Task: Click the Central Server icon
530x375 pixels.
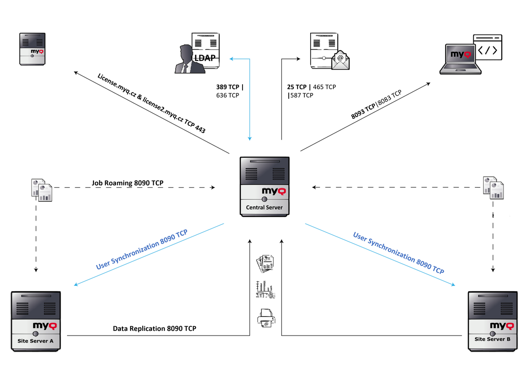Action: (265, 186)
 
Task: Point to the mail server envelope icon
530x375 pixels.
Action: (341, 60)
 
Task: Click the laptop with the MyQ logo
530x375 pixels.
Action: (459, 59)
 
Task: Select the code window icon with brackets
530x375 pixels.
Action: (488, 49)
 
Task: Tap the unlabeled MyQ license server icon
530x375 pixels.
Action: (32, 48)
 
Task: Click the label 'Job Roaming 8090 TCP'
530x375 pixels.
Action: (128, 183)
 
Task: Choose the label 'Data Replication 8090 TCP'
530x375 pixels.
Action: (154, 328)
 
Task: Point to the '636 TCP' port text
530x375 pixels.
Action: (227, 96)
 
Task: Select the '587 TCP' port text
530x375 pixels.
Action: (301, 96)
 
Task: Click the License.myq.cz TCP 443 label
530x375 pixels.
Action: (151, 104)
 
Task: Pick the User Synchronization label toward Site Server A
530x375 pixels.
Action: (141, 249)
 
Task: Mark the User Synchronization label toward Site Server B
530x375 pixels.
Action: (399, 253)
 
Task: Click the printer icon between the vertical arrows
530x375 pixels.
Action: (266, 318)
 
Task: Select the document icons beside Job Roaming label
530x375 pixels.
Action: (42, 189)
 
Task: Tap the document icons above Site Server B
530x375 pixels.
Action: (493, 187)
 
